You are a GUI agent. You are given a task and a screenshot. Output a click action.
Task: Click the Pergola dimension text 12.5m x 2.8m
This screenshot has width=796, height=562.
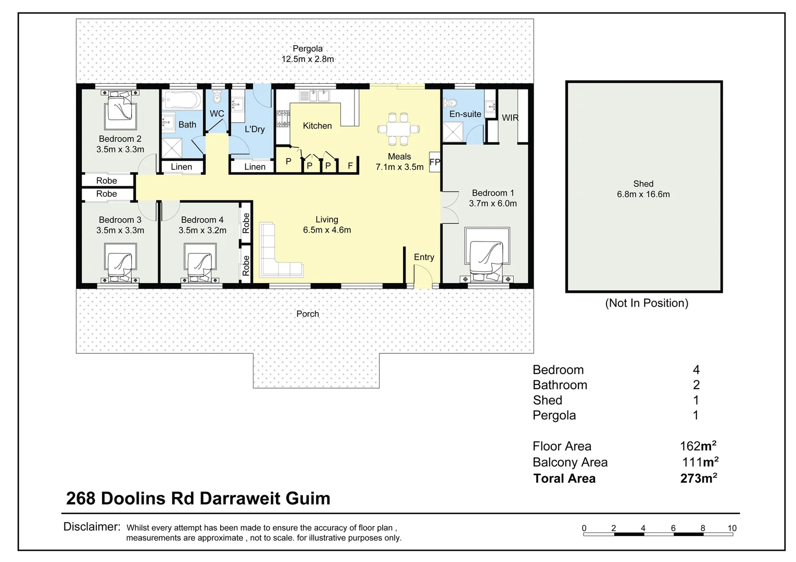point(308,59)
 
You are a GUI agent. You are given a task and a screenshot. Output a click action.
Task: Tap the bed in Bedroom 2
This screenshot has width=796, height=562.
point(120,110)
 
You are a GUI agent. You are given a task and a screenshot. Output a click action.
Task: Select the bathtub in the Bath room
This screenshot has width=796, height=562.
point(181,99)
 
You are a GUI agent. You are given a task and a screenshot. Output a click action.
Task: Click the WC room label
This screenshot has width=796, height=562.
point(217,113)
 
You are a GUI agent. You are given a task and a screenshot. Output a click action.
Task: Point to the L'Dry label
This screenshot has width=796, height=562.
point(255,129)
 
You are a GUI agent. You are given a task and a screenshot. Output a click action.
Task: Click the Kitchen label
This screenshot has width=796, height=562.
point(317,126)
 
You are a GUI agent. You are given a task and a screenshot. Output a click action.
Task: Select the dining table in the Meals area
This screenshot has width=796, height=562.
point(399,129)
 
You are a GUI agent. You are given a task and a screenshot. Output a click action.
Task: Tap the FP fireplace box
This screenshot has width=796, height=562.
point(435,162)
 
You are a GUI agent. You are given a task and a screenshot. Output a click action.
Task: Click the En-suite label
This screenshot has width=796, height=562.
point(465,114)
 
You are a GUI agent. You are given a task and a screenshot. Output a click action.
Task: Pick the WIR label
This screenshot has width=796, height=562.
point(510,118)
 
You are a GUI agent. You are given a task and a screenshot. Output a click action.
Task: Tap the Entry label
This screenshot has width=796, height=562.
point(424,257)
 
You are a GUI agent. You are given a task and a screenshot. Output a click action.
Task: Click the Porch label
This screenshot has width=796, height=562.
point(307,314)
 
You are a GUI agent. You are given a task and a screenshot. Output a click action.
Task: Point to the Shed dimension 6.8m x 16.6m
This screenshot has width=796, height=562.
point(643,195)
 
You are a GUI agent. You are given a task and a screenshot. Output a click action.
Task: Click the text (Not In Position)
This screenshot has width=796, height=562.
point(647,303)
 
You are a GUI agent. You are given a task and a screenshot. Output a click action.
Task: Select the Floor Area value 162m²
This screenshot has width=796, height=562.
point(698,446)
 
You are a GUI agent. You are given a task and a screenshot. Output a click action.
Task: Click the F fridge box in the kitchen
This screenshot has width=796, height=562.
point(350,165)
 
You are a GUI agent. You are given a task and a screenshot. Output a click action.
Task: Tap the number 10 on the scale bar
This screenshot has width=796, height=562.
point(731,528)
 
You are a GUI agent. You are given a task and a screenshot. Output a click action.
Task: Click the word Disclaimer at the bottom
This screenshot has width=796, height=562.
point(92,527)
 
